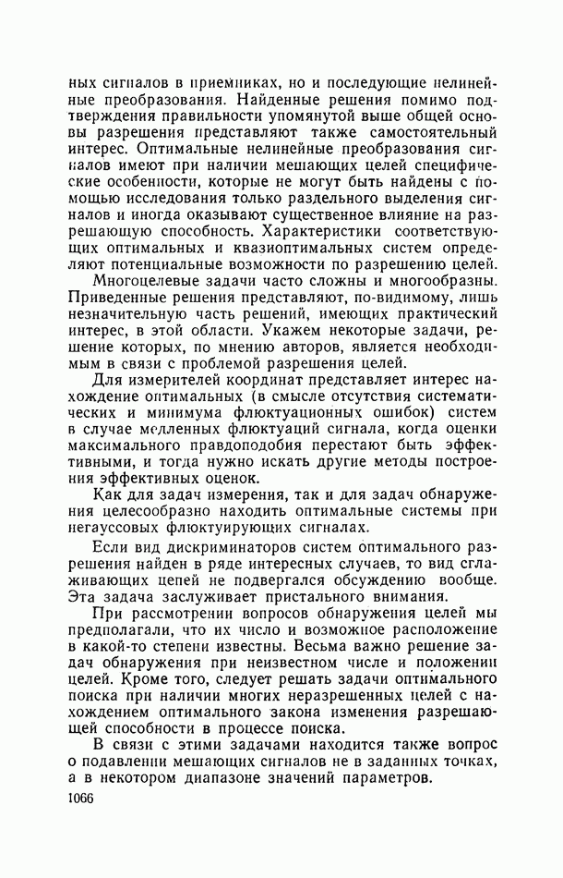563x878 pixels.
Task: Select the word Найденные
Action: click(274, 97)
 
